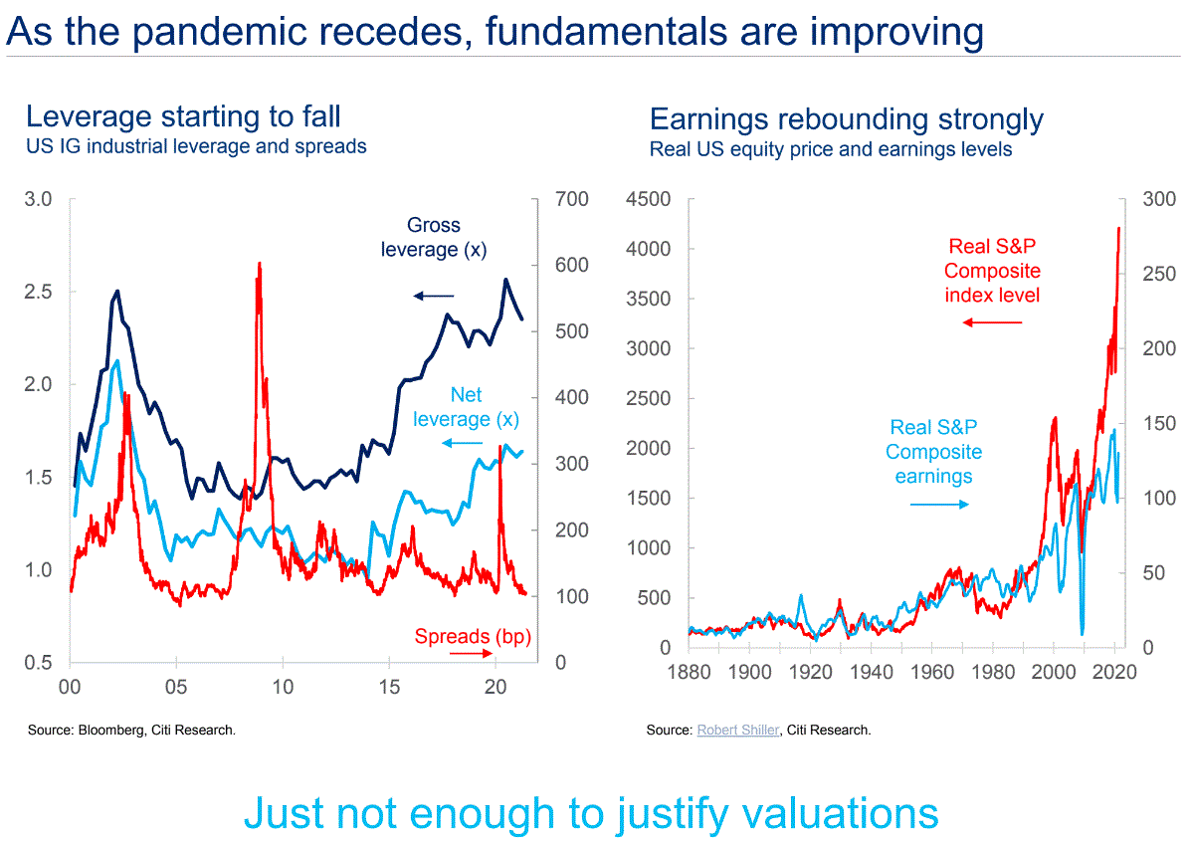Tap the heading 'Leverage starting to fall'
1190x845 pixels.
183,116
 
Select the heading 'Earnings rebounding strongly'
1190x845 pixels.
846,120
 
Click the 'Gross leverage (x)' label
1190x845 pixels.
434,238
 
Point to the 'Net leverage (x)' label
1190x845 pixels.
466,407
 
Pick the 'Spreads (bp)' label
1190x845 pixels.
473,636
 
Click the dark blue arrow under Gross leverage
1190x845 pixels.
434,296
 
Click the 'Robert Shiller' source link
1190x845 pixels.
737,731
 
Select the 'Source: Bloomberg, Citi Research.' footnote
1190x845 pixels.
131,731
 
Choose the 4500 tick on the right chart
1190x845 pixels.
648,199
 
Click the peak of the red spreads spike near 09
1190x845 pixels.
259,264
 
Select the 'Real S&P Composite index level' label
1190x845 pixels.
992,271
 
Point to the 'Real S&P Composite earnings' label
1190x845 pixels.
933,452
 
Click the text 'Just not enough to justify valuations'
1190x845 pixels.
591,812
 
